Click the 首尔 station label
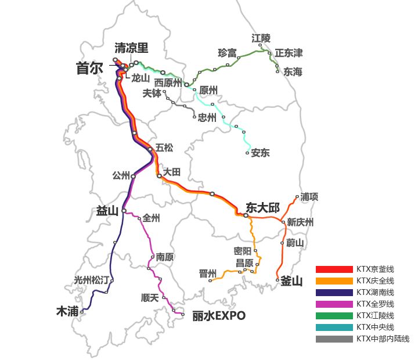tap(89, 69)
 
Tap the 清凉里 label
tap(131, 48)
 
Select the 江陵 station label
tap(261, 38)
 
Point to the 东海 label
tap(293, 72)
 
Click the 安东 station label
tap(260, 153)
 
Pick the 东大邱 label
tap(262, 207)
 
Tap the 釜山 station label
tap(291, 282)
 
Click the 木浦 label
tap(67, 311)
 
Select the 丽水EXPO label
tap(219, 316)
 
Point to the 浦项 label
tap(309, 197)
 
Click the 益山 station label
tap(107, 211)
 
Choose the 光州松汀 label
tap(91, 280)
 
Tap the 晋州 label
tap(207, 273)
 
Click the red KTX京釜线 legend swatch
tap(334, 269)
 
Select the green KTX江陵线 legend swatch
tap(334, 316)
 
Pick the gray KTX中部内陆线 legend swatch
tap(334, 339)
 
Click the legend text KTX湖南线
tap(375, 293)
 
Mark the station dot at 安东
tap(248, 153)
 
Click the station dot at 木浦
tap(82, 311)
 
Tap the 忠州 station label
tap(207, 117)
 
